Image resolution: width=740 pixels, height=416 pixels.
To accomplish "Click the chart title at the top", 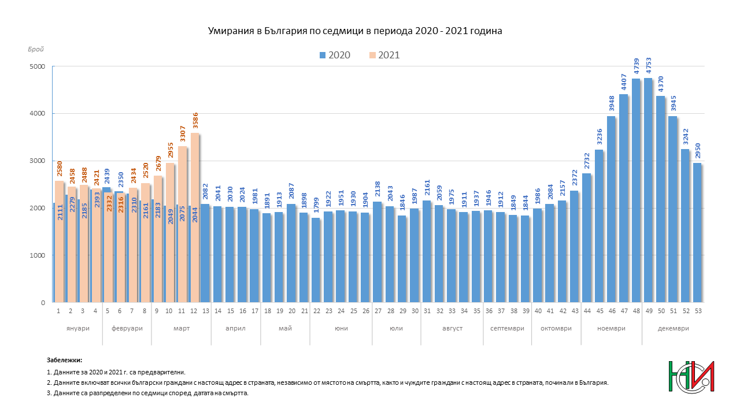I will click(355, 31).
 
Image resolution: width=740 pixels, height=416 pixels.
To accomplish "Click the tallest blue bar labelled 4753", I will click(648, 191).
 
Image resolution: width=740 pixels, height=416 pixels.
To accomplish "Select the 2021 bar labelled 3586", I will click(195, 220).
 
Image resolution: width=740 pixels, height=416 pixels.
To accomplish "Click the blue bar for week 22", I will click(316, 260).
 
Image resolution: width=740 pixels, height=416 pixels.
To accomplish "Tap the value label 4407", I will click(624, 83).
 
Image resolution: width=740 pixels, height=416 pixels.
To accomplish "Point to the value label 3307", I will click(183, 135).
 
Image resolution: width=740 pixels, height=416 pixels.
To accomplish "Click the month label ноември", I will click(611, 328).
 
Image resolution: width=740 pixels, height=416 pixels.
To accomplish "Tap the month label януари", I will click(77, 328).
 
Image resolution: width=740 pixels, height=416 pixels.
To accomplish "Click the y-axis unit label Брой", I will click(35, 51).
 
